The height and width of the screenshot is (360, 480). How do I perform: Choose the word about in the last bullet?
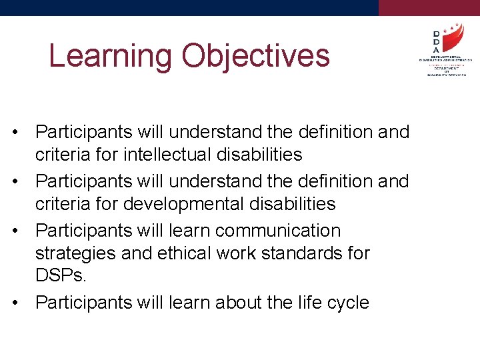(220, 303)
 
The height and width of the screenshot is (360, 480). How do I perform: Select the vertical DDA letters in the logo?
(436, 41)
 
